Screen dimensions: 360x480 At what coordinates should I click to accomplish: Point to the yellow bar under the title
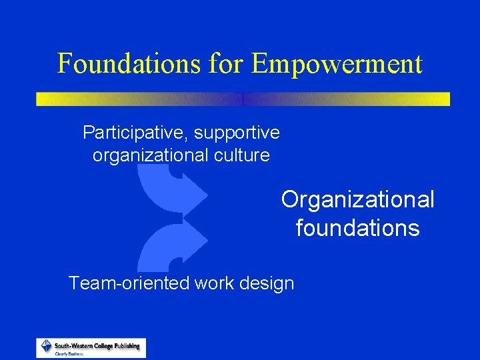243,99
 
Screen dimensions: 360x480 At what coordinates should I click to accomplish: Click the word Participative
135,133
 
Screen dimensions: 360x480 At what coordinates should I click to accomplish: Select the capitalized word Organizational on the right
357,199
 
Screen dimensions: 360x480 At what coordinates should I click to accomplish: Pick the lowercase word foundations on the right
357,229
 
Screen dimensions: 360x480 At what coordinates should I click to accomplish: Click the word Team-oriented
129,283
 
